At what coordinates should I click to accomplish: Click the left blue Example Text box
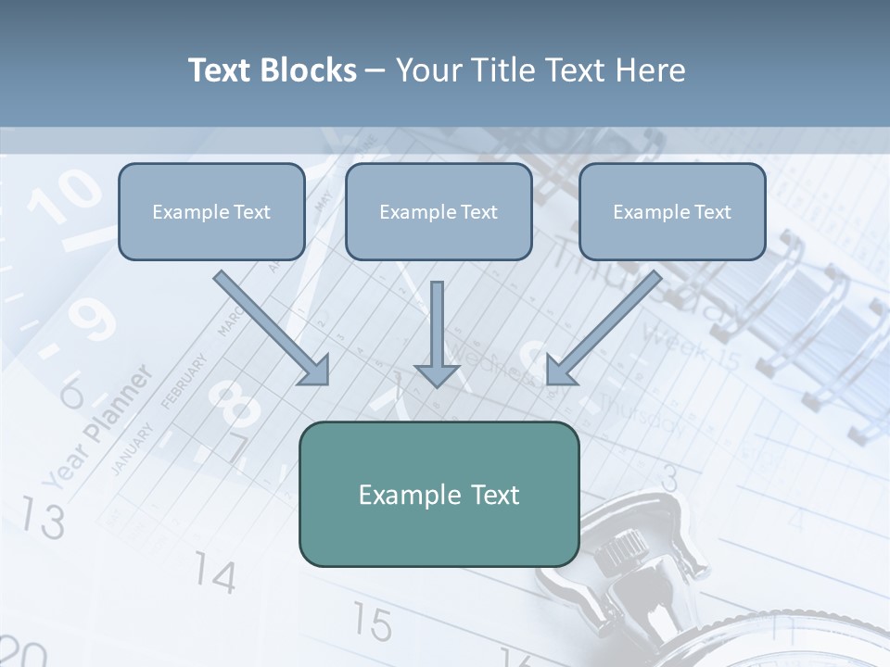pos(211,211)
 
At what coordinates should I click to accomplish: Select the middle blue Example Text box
pos(439,211)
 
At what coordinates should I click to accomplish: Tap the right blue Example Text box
pos(672,211)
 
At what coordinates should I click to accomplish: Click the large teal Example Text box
pos(439,494)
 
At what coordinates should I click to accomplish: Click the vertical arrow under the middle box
pos(437,333)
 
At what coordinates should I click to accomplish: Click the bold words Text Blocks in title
pos(273,70)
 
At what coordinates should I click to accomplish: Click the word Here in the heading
pos(652,70)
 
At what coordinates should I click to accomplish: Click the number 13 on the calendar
pos(43,519)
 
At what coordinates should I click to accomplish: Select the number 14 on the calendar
pos(215,576)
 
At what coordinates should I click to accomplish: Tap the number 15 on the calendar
pos(371,623)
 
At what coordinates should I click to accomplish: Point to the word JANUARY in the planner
pos(132,449)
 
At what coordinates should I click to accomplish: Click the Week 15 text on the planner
pos(691,346)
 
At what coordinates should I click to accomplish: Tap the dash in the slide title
pos(376,70)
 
